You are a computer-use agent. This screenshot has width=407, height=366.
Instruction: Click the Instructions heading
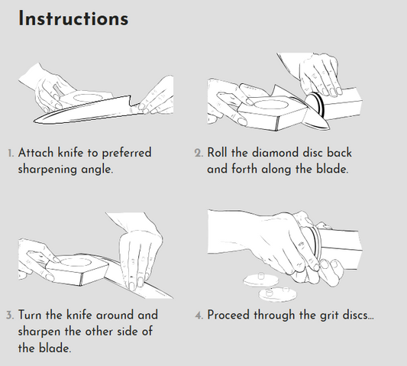pos(73,18)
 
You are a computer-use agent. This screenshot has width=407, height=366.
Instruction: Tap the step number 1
pos(11,154)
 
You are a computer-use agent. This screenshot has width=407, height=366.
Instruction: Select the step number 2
pos(199,153)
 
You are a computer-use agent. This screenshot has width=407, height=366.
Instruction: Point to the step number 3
pos(10,316)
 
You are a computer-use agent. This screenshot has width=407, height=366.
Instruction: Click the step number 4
pos(199,316)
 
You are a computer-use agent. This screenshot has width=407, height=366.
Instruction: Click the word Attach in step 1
pos(36,153)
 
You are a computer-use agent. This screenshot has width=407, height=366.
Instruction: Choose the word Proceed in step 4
pos(229,315)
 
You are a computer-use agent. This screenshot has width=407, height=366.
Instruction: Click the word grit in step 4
pos(329,316)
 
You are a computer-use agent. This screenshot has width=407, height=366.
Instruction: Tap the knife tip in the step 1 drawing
pos(35,120)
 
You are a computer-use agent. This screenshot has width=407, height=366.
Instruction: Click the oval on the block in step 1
pos(86,98)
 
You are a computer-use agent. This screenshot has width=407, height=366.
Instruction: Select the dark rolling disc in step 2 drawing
pos(315,104)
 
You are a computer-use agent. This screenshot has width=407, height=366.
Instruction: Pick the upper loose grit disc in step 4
pos(261,280)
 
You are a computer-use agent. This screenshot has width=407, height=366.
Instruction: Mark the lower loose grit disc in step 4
pos(278,294)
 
